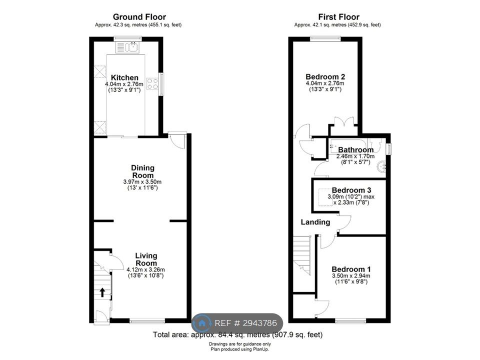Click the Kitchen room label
tap(124, 77)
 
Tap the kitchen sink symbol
tap(127, 47)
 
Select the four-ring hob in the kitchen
tap(152, 84)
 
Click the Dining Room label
tap(142, 171)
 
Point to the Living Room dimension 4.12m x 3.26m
tap(145, 269)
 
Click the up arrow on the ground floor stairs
tap(102, 292)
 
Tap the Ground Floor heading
tap(139, 17)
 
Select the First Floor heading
tap(339, 17)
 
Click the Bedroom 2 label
tap(325, 76)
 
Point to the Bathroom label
tap(355, 149)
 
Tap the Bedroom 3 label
tap(351, 190)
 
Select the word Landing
tap(315, 222)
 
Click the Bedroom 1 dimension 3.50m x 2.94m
tap(351, 275)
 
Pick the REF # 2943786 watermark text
tap(246, 323)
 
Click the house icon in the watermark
tap(201, 323)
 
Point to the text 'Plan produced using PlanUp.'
tap(239, 349)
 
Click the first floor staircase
tap(302, 255)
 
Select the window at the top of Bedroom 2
tap(325, 38)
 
